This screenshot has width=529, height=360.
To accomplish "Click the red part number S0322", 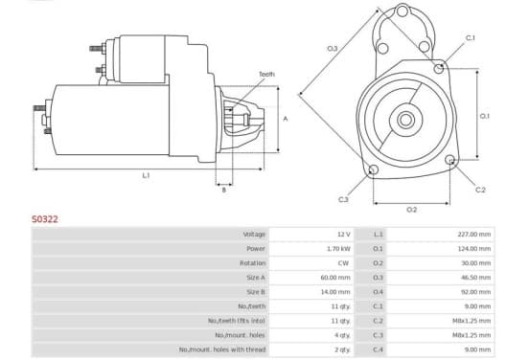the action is [x=45, y=219].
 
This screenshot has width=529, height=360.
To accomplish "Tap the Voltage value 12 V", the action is [x=344, y=235].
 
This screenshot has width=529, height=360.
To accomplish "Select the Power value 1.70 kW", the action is [x=338, y=249].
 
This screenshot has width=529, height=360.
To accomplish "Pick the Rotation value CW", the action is [x=343, y=263].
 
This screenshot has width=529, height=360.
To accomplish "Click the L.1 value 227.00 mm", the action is [x=474, y=235].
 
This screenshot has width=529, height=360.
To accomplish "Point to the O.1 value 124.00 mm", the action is [x=474, y=249].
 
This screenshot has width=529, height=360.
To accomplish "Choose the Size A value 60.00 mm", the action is [x=335, y=278].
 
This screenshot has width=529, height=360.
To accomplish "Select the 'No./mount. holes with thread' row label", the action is [x=222, y=349].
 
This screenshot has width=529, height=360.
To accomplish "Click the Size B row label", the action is [x=255, y=292].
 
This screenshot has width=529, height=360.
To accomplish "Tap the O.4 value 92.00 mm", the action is [x=475, y=292].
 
